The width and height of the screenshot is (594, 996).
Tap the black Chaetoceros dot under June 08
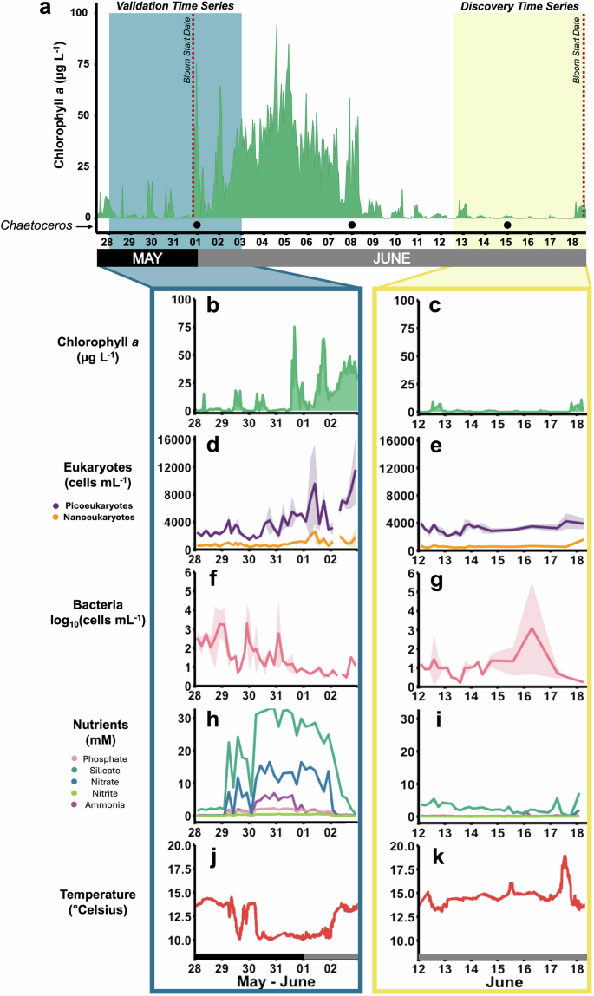351,225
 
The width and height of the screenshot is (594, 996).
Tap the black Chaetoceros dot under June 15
507,225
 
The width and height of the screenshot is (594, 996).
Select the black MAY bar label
147,258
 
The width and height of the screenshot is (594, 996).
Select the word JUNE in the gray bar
393,258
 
